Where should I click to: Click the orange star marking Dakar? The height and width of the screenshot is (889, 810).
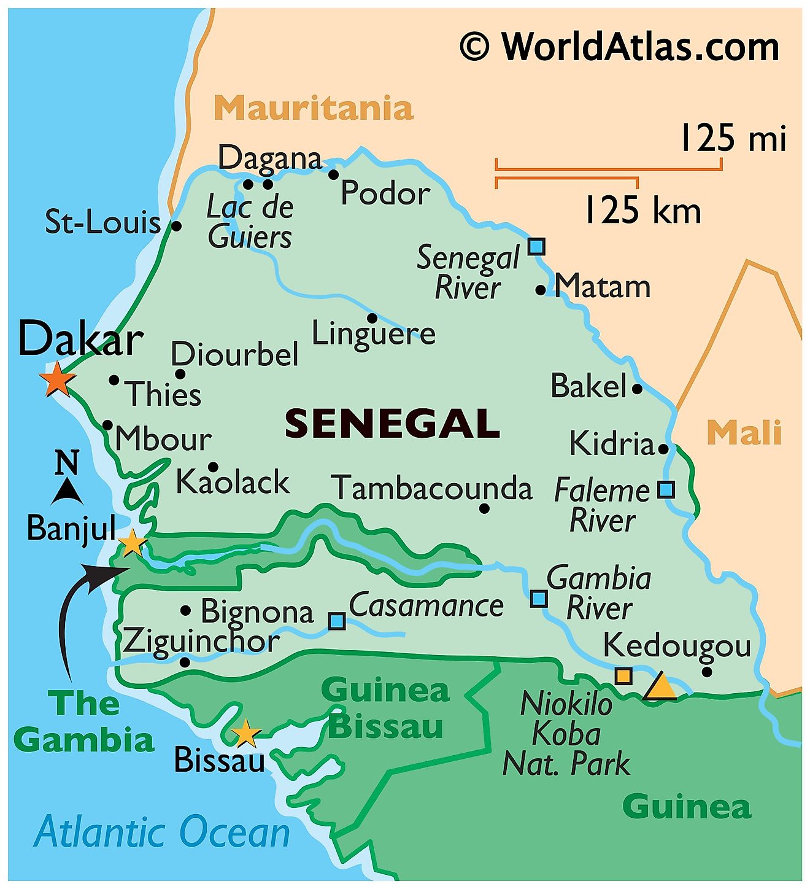[57, 379]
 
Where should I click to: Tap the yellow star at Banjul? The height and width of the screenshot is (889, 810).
[132, 543]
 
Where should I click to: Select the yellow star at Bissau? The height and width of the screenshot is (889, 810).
[246, 733]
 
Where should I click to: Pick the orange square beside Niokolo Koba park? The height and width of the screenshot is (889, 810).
[623, 675]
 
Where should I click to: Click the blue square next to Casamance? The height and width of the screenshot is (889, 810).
[336, 621]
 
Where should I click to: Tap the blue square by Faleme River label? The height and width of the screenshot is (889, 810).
[666, 489]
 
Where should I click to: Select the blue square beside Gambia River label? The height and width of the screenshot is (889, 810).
[538, 598]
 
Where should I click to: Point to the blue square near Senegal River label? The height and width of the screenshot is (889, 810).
[536, 247]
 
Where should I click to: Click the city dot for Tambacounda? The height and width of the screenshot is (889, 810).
[484, 508]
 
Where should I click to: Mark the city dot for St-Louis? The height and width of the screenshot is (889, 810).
[176, 226]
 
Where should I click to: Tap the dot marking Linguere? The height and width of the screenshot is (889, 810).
[372, 318]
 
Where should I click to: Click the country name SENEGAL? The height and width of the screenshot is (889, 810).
[392, 424]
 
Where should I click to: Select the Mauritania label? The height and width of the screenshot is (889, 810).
[313, 108]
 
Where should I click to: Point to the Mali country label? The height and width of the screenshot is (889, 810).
[744, 432]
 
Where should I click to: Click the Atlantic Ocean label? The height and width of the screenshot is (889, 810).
[162, 833]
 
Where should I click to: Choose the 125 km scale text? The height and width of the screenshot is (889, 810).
[642, 211]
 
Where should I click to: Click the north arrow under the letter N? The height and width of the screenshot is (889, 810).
[67, 491]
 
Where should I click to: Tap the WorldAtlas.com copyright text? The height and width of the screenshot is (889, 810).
[620, 47]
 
